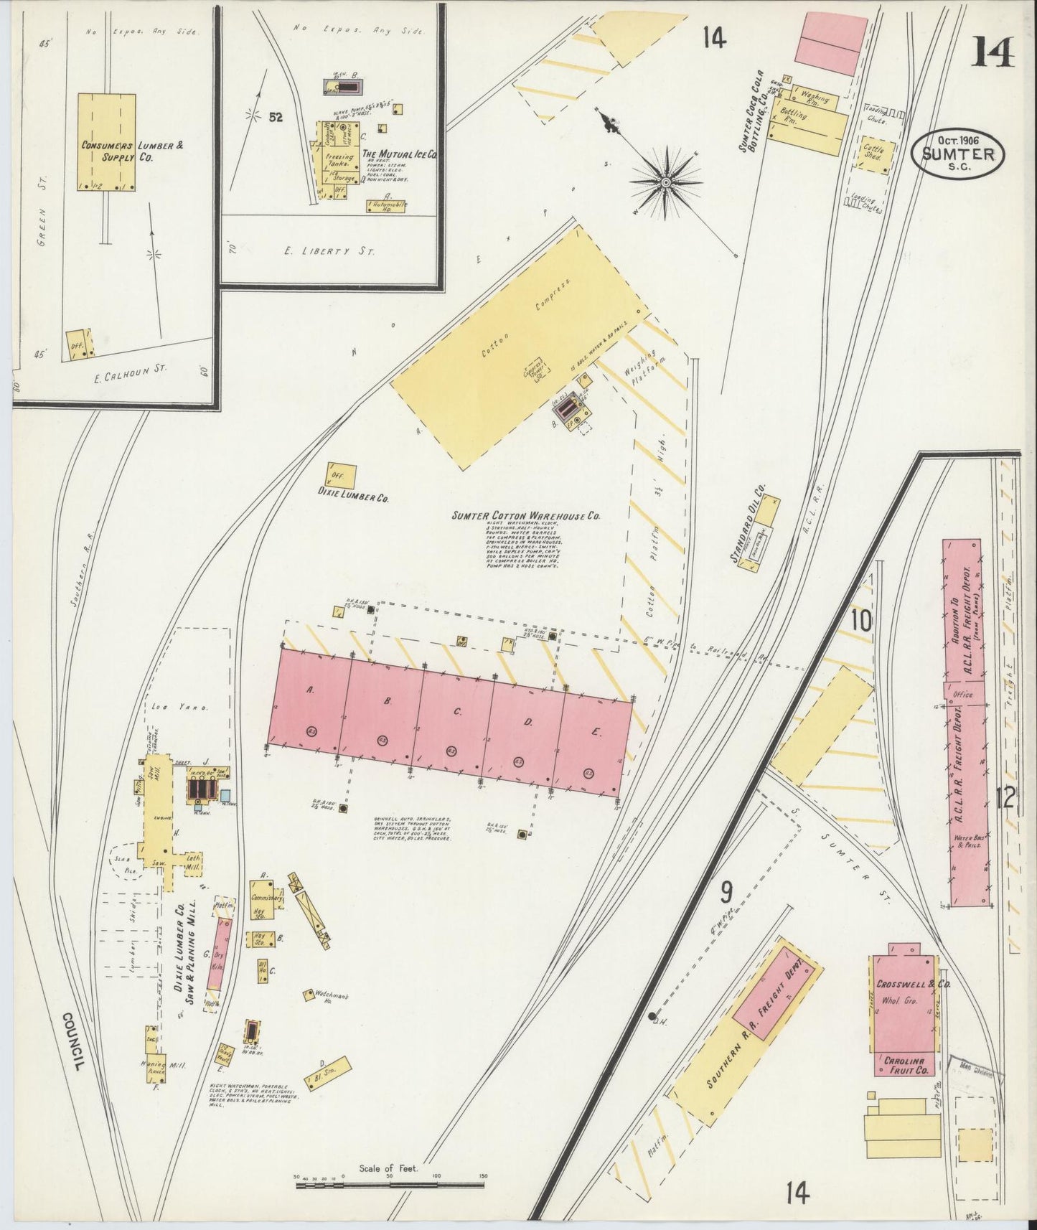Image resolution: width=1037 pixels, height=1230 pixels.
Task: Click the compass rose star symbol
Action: click(666, 182)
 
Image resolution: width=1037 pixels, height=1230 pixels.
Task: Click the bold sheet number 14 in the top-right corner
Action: click(993, 51)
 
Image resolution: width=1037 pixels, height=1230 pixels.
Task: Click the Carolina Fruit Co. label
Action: click(904, 1065)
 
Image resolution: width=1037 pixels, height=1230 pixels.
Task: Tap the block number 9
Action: click(726, 892)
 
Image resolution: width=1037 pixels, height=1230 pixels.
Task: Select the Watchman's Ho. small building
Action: click(310, 995)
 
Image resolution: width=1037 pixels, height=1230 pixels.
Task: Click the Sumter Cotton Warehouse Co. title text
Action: click(525, 515)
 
